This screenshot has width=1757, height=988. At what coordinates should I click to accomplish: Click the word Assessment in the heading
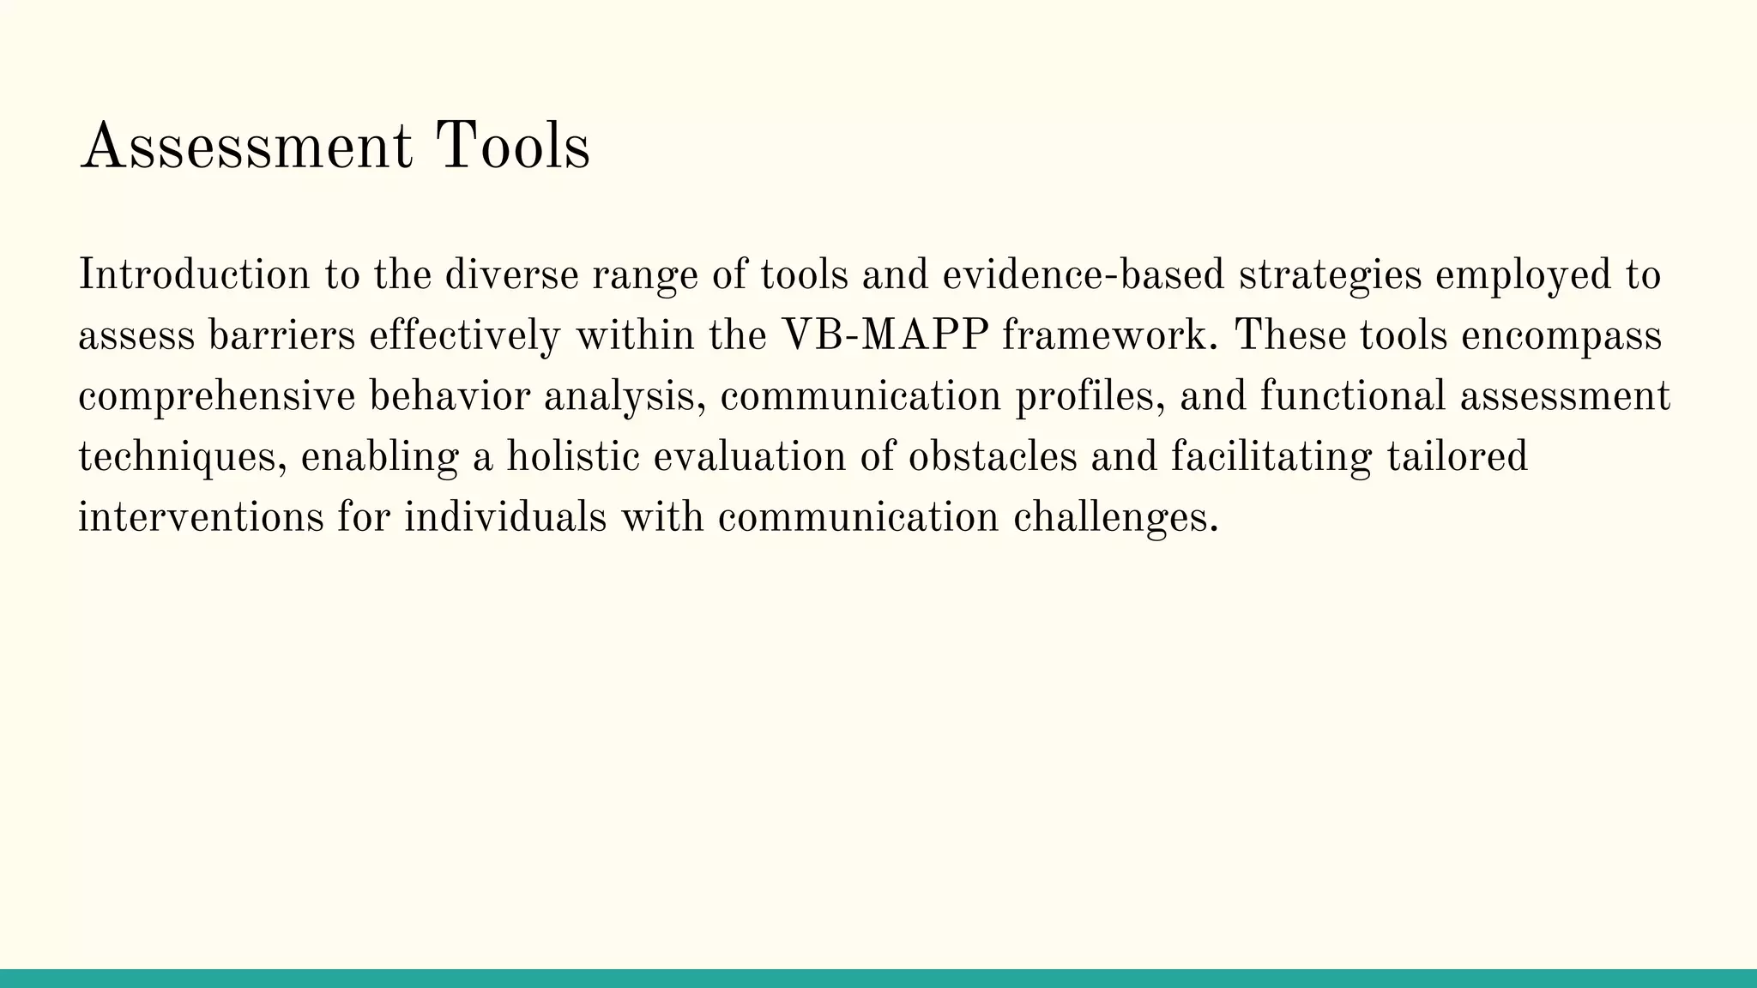[245, 147]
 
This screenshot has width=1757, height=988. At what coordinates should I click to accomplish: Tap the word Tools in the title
[512, 147]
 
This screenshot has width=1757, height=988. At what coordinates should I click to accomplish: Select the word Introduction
[194, 275]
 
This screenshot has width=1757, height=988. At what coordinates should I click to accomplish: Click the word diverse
[511, 275]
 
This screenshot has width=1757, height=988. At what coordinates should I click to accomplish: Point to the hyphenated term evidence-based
[1083, 275]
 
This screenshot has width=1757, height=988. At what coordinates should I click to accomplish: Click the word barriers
[281, 335]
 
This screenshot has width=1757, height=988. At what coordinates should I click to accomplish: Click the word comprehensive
[216, 397]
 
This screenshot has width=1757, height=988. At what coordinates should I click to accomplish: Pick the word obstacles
[992, 456]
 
